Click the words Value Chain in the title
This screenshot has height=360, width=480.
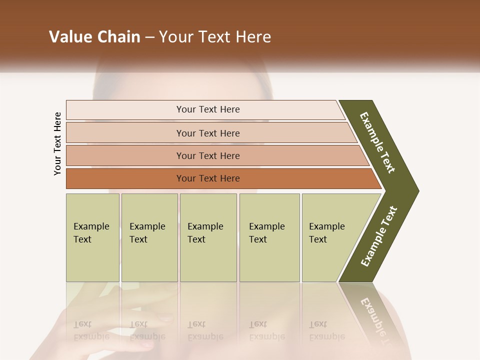point(94,37)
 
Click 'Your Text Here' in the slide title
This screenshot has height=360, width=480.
point(215,37)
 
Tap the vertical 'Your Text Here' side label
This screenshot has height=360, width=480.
point(58,144)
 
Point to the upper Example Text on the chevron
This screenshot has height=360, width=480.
point(377,142)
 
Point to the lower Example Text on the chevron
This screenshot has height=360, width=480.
point(378,236)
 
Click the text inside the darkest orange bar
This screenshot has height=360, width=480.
point(208,178)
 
